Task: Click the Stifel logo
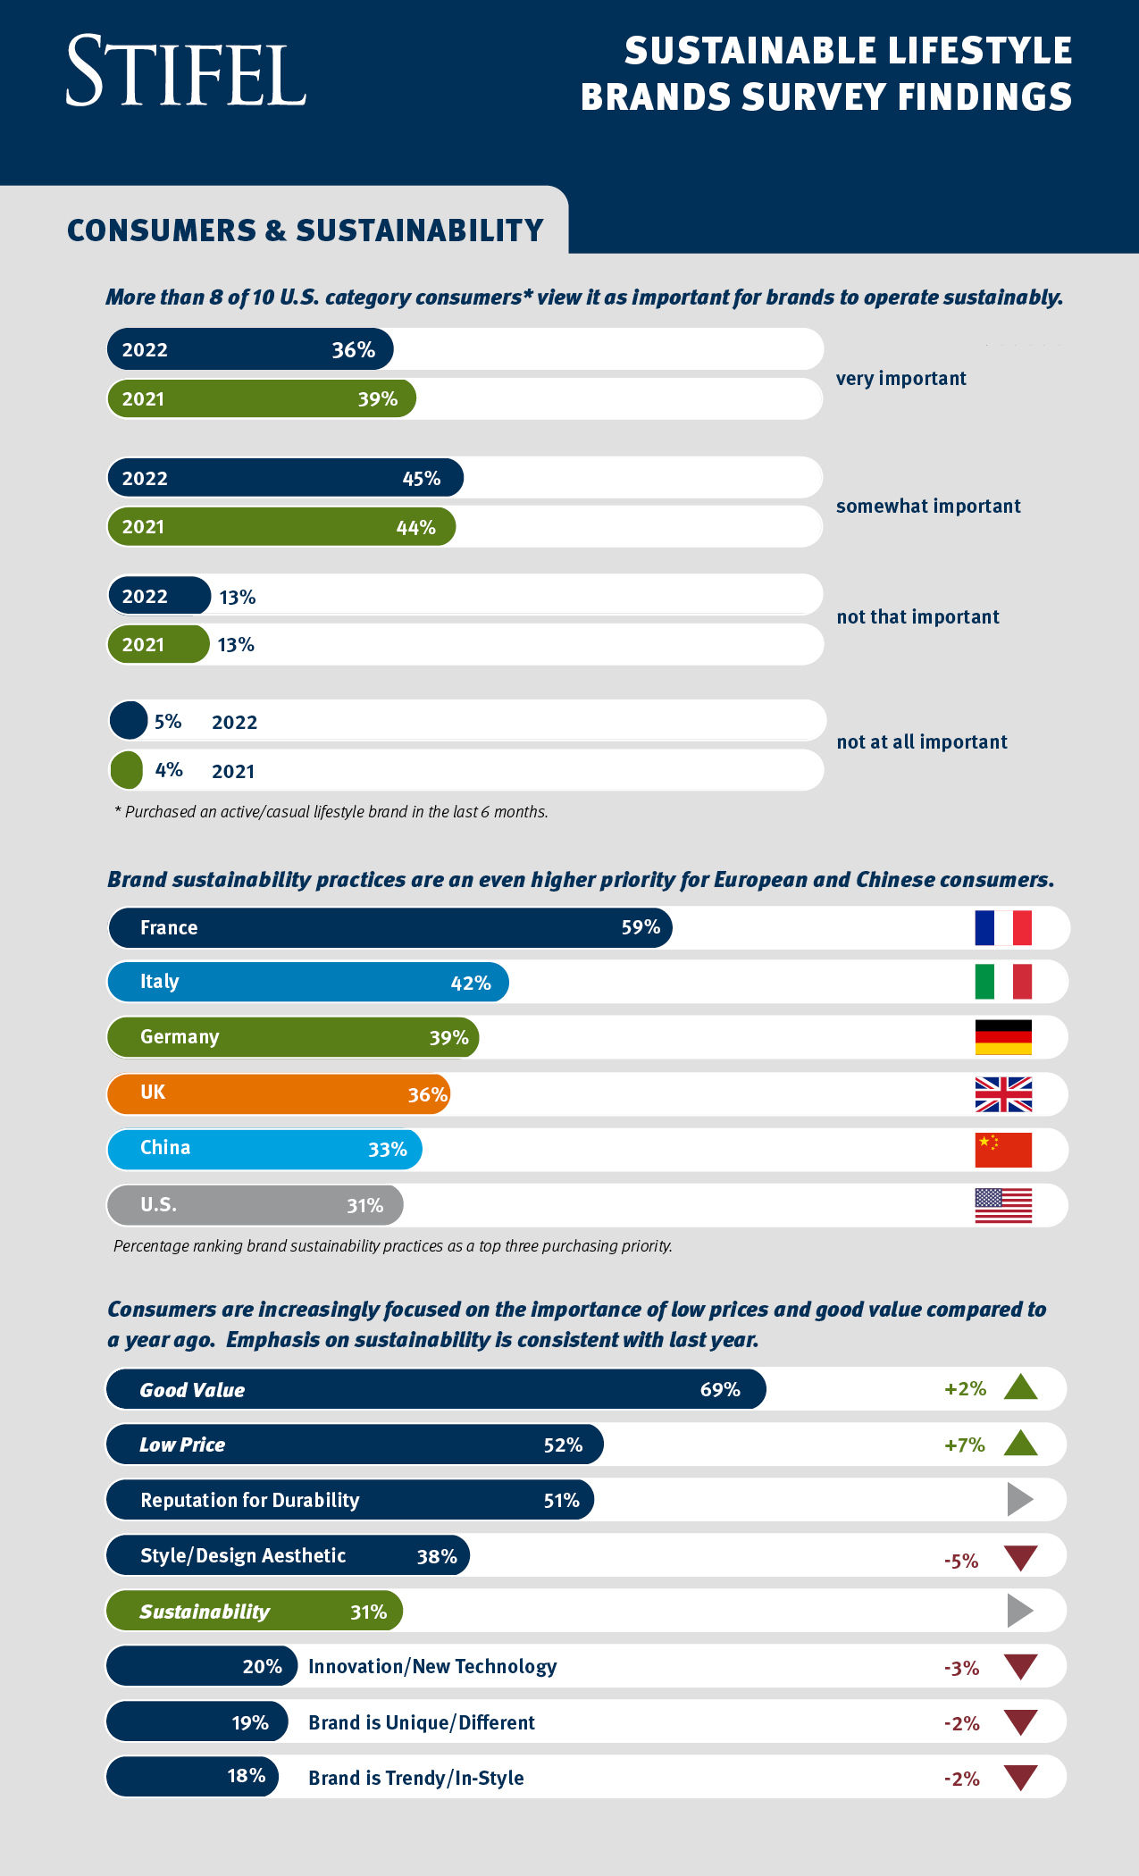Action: pos(186,71)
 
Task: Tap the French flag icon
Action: pos(1003,927)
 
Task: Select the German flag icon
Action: pos(1003,1037)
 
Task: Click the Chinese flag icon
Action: pos(1003,1150)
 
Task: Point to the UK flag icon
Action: pos(1003,1094)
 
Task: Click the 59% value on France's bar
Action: pos(641,927)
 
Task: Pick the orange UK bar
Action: pos(278,1093)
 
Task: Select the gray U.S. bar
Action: pos(255,1205)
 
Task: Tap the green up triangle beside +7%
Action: pos(1020,1444)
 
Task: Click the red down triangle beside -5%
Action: pos(1020,1557)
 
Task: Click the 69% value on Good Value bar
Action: pos(720,1389)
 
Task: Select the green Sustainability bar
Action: pos(254,1611)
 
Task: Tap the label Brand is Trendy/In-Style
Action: pos(416,1778)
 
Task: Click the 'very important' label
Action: pos(900,378)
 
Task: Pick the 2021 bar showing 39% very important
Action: pos(262,398)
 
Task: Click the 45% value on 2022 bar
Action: pos(421,478)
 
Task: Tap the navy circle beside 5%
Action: pos(129,720)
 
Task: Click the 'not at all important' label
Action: pos(921,741)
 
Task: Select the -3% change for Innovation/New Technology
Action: pos(961,1668)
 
